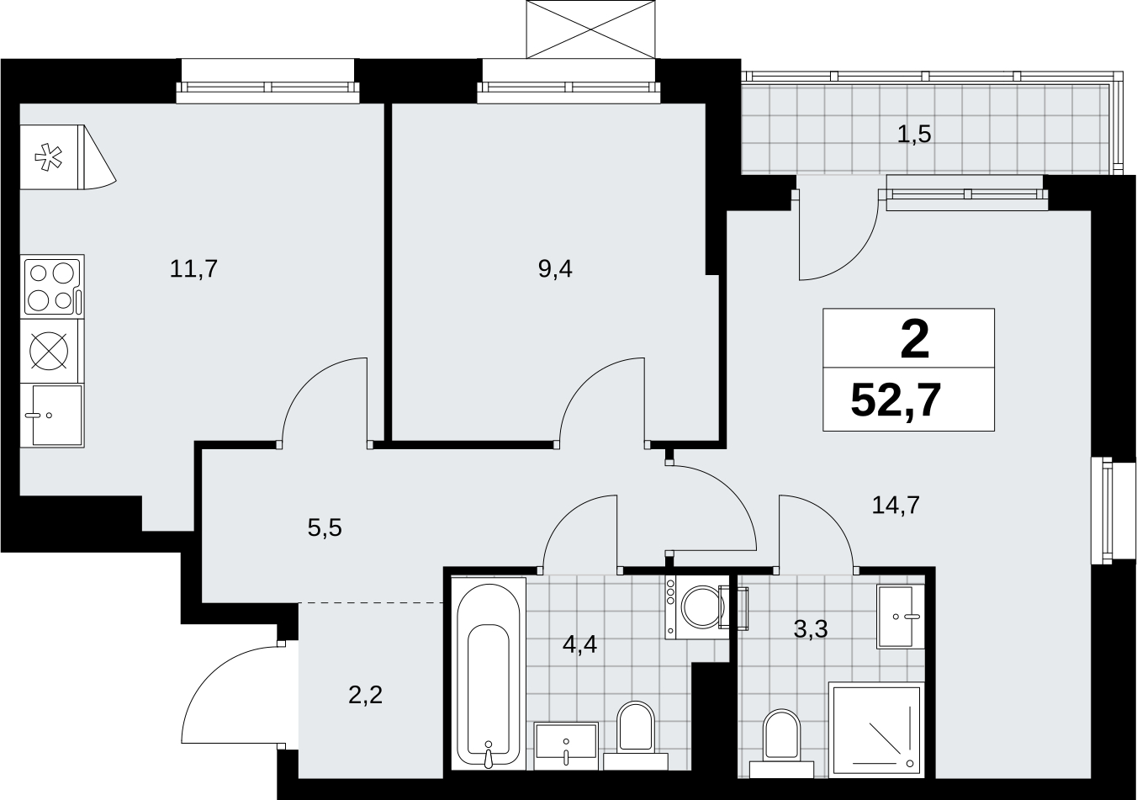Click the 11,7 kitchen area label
[x=193, y=269]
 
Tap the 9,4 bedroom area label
[x=555, y=269]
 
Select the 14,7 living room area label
[x=896, y=505]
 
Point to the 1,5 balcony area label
[x=914, y=135]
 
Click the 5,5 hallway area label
[x=325, y=528]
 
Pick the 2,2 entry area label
[x=366, y=695]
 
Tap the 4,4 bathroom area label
[x=579, y=644]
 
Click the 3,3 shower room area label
[x=811, y=629]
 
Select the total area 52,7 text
[x=896, y=400]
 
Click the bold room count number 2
[x=915, y=341]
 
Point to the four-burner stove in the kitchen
[x=52, y=286]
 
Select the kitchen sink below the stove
[x=52, y=416]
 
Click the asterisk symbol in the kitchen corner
[x=48, y=157]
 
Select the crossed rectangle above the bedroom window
[x=591, y=29]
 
